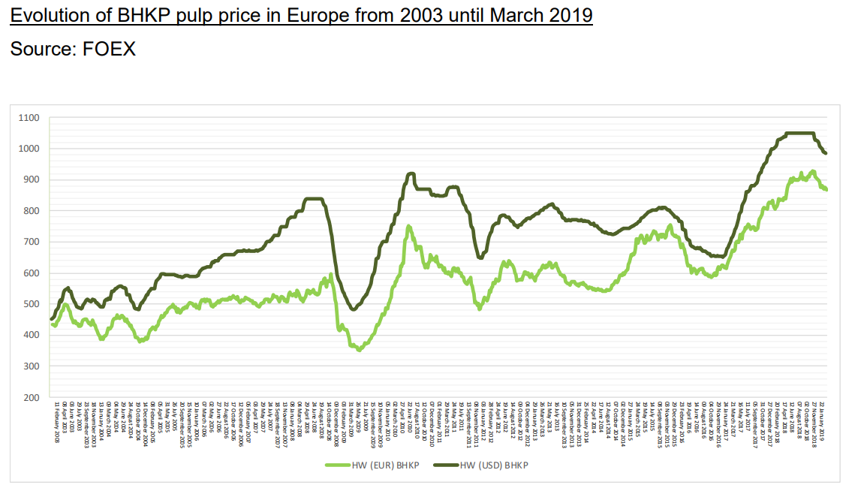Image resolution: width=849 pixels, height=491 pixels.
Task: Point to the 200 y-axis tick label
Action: click(x=30, y=397)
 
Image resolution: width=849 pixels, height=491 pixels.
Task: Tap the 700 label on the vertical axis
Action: click(x=30, y=242)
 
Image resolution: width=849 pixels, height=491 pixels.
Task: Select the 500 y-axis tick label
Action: click(x=30, y=304)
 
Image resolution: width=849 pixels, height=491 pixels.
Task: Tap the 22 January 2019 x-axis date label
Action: click(x=824, y=421)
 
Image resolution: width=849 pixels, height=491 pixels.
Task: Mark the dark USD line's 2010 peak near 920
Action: click(x=410, y=173)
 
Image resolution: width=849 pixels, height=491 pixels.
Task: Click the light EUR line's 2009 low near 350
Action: click(x=360, y=350)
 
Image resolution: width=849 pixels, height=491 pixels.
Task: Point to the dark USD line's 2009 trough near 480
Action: click(x=354, y=309)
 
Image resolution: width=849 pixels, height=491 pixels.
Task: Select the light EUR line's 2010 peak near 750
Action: click(x=408, y=226)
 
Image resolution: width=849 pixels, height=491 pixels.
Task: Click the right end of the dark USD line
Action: click(x=826, y=153)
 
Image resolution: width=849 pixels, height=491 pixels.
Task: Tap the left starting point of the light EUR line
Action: click(x=52, y=324)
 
